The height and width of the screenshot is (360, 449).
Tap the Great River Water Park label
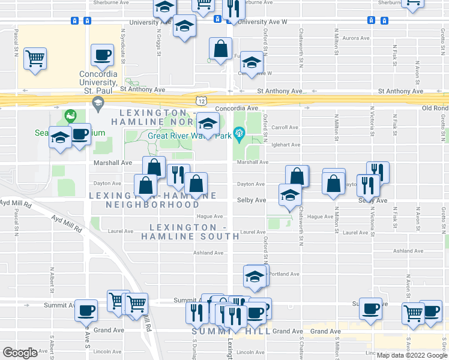pyautogui.click(x=189, y=135)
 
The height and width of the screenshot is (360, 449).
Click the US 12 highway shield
pyautogui.click(x=201, y=101)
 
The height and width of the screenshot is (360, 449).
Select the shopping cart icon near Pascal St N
pyautogui.click(x=35, y=59)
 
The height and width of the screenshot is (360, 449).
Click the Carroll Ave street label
pyautogui.click(x=285, y=127)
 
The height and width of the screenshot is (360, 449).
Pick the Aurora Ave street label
pyautogui.click(x=355, y=38)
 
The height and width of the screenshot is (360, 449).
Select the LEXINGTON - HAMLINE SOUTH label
pyautogui.click(x=190, y=232)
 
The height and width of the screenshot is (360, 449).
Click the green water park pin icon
pyautogui.click(x=240, y=132)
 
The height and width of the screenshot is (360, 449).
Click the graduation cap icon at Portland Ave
pyautogui.click(x=255, y=277)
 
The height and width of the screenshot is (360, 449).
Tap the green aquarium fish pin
pyautogui.click(x=71, y=114)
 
